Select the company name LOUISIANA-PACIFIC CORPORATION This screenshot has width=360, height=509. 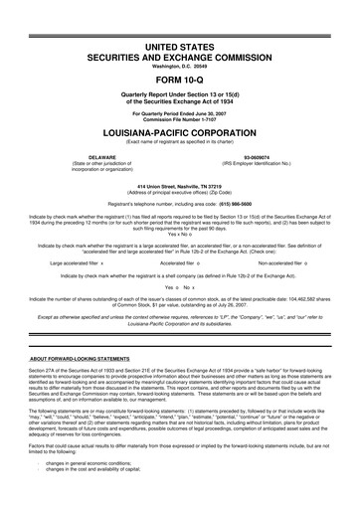tap(180, 130)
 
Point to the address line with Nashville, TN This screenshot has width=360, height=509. tap(180, 187)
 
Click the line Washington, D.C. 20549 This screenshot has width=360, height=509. tap(180, 55)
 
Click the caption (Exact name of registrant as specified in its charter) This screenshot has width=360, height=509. tap(180, 140)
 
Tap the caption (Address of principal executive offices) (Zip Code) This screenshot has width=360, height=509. tap(180, 193)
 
